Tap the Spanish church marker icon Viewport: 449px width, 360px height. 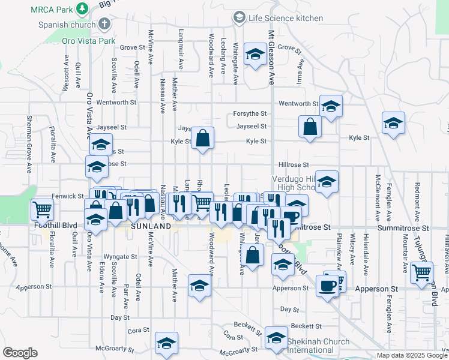pyautogui.click(x=105, y=24)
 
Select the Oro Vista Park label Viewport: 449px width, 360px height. pyautogui.click(x=88, y=41)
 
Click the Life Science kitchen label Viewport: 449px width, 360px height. pyautogui.click(x=286, y=18)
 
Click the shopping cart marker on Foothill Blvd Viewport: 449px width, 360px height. pyautogui.click(x=43, y=210)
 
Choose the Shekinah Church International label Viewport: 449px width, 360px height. pyautogui.click(x=318, y=346)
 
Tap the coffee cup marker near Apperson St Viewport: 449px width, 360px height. pyautogui.click(x=327, y=286)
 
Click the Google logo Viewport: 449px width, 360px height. pyautogui.click(x=20, y=353)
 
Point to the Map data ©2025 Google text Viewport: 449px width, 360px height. pyautogui.click(x=411, y=355)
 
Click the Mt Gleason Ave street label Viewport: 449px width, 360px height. pyautogui.click(x=271, y=57)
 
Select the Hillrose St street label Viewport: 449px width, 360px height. pyautogui.click(x=293, y=164)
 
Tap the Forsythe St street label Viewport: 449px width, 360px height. pyautogui.click(x=250, y=113)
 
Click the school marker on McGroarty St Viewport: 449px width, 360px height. pyautogui.click(x=166, y=343)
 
